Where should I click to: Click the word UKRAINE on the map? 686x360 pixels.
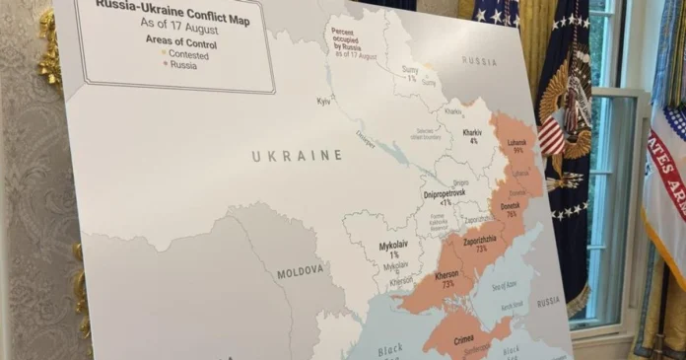click(297, 156)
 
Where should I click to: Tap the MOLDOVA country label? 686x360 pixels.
click(300, 269)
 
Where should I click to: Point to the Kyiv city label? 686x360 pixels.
click(323, 101)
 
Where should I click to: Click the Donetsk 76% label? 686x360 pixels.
click(511, 209)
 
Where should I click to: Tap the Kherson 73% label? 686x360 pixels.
click(446, 278)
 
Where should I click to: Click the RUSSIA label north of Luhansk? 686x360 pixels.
click(479, 61)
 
